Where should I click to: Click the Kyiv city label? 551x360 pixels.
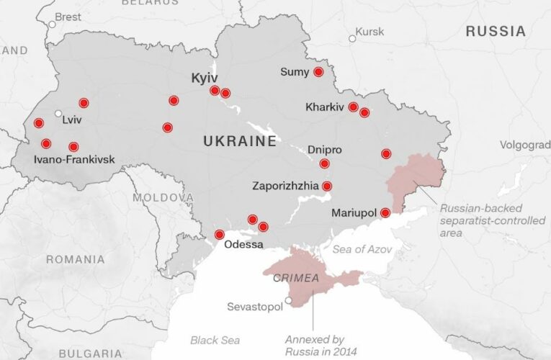[x=204, y=77]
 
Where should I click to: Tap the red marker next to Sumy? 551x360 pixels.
[x=318, y=72]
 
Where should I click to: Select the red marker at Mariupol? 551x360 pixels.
[x=385, y=212]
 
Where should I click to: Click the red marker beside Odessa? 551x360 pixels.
[x=220, y=235]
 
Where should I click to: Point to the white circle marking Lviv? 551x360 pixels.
[x=58, y=113]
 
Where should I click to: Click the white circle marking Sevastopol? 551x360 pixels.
[x=288, y=301]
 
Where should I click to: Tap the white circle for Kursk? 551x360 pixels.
[x=352, y=38]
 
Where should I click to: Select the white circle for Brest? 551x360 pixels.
[x=52, y=24]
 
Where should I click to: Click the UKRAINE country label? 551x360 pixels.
[x=240, y=141]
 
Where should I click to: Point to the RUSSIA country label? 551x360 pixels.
[x=496, y=32]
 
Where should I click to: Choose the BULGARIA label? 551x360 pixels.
[x=90, y=354]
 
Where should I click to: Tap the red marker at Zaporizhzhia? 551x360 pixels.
[x=327, y=186]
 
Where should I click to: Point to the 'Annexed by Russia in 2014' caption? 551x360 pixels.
[x=315, y=346]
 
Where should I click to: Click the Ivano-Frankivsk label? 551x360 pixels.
[x=74, y=158]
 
